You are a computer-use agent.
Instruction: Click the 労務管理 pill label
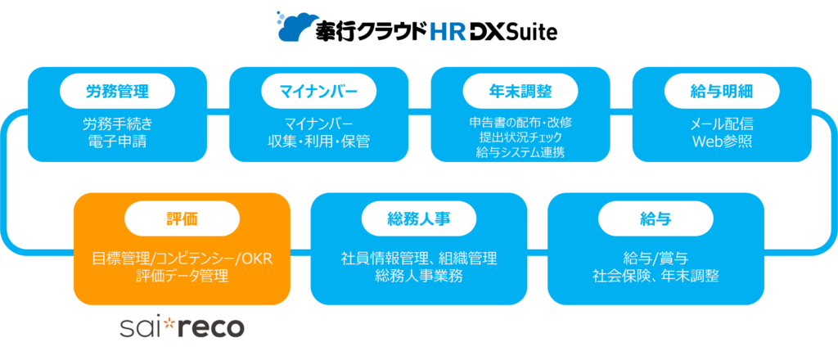click(118, 90)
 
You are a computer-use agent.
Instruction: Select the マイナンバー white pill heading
click(318, 90)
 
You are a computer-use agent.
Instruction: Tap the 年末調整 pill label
click(519, 90)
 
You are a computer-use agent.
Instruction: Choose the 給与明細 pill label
click(720, 90)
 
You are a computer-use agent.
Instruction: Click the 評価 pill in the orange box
click(182, 218)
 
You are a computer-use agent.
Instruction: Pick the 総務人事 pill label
click(419, 218)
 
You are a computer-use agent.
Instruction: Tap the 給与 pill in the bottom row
click(656, 218)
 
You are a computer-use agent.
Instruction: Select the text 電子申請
click(118, 142)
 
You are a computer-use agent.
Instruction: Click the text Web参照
click(720, 142)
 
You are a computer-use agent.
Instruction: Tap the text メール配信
click(720, 124)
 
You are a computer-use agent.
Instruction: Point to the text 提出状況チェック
click(519, 137)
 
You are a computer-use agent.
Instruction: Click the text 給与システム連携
click(519, 151)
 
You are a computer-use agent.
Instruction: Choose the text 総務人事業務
click(419, 275)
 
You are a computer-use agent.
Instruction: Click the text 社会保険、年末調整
click(656, 275)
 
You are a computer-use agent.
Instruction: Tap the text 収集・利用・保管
click(318, 142)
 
